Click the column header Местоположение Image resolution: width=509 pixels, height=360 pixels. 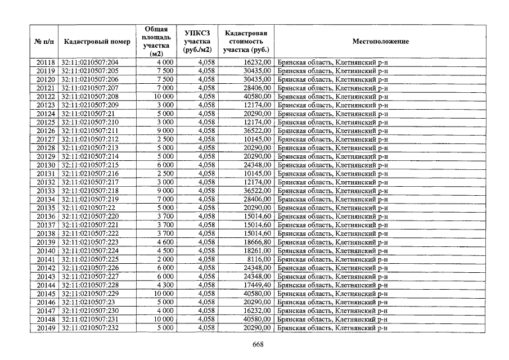(x=380, y=42)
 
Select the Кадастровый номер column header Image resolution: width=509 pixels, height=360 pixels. (x=97, y=42)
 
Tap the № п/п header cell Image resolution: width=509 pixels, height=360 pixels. (x=44, y=42)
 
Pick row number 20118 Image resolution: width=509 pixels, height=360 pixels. (x=46, y=62)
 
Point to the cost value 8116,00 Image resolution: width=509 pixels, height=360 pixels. (x=259, y=259)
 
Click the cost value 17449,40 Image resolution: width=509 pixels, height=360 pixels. (x=257, y=285)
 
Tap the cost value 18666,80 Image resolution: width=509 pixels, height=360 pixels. (x=257, y=242)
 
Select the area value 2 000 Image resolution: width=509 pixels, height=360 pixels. (x=165, y=259)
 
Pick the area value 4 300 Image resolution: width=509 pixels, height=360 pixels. (x=165, y=285)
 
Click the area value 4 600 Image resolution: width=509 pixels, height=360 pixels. (x=165, y=242)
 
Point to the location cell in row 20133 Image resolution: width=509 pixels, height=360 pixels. (x=332, y=191)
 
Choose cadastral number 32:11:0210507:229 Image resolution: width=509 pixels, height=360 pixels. (x=90, y=294)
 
